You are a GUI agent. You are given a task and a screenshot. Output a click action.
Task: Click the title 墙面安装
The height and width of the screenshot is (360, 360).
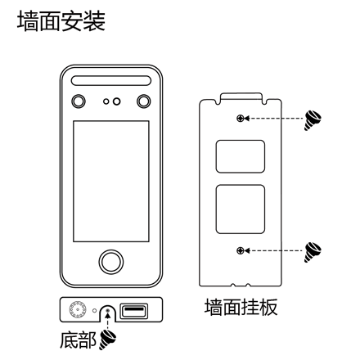61,21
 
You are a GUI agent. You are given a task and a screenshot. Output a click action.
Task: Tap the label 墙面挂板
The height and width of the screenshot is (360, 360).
241,307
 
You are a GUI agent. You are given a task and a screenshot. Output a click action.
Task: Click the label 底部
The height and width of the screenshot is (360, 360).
78,340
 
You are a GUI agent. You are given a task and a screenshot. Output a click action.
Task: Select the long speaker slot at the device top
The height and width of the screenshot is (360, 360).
111,80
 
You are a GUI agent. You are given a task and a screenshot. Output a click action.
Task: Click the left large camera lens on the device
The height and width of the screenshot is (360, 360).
79,101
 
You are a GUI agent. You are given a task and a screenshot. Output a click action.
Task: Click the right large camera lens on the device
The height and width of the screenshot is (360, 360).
143,101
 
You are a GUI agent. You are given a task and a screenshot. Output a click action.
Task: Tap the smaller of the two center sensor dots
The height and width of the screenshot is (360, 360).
106,101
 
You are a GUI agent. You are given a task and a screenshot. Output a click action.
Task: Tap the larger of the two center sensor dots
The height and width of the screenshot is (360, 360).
116,101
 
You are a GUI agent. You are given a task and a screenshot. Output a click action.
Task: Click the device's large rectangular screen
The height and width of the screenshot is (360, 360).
111,181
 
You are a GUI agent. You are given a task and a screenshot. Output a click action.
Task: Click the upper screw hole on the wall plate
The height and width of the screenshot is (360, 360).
240,119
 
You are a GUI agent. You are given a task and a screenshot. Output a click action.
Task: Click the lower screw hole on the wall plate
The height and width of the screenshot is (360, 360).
240,250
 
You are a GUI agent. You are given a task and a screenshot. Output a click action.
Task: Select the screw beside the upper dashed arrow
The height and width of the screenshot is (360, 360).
313,120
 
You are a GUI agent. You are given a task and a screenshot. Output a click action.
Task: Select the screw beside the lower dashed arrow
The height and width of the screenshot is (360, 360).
313,252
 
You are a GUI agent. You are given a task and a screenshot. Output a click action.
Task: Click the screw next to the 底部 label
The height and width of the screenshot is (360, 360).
107,340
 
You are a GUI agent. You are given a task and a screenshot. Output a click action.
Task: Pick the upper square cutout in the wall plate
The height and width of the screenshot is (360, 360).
241,156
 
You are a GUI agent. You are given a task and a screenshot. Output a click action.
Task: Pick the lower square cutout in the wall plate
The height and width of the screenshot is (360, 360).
241,209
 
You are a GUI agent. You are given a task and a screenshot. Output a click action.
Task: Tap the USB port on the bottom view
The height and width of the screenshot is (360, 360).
134,311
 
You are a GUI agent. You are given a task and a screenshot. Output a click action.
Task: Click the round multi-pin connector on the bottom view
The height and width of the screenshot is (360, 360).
78,310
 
